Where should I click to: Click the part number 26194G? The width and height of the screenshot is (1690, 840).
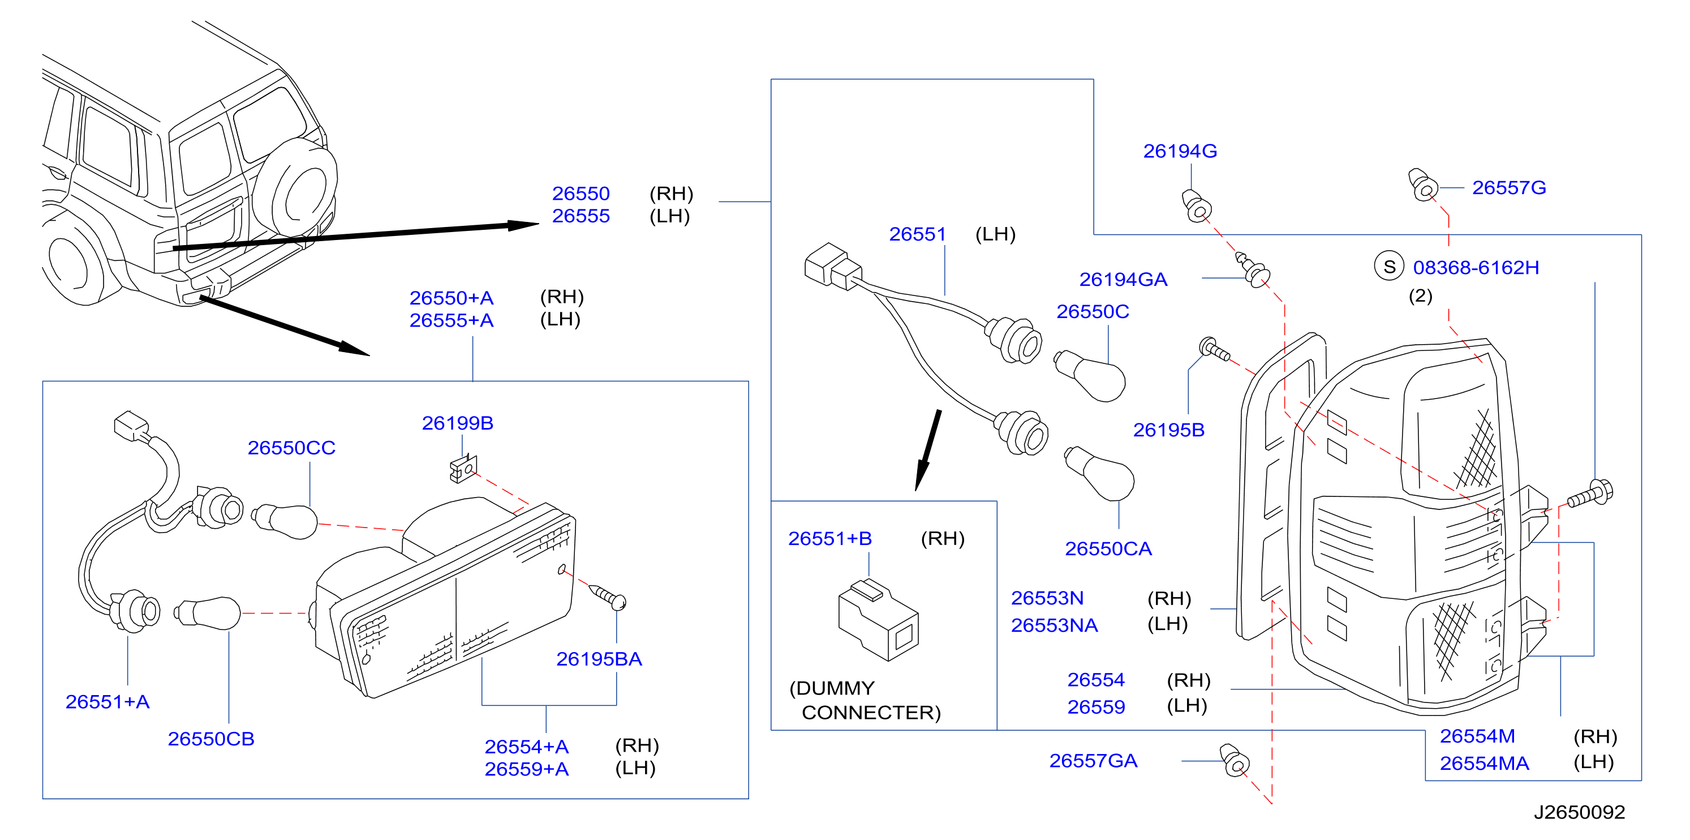[1180, 152]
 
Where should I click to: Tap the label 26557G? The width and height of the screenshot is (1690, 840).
[1509, 188]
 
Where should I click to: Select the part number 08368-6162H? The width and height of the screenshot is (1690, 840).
[1476, 268]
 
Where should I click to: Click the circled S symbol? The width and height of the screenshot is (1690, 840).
[1389, 267]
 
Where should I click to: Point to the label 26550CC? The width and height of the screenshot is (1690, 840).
[291, 448]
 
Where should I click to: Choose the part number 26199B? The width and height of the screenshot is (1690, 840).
[457, 423]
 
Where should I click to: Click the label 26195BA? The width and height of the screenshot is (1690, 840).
[599, 659]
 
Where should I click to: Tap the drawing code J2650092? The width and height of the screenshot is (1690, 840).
[1579, 812]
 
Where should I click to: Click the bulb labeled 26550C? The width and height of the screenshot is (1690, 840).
[1089, 375]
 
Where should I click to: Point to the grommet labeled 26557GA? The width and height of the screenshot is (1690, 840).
[1234, 760]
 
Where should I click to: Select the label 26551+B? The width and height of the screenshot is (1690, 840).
[830, 539]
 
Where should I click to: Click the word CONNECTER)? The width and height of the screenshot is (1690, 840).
[871, 713]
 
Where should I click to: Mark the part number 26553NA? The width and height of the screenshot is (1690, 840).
[1054, 625]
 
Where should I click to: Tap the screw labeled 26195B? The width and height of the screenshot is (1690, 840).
[1214, 349]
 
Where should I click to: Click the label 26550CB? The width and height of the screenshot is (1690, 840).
[210, 739]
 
